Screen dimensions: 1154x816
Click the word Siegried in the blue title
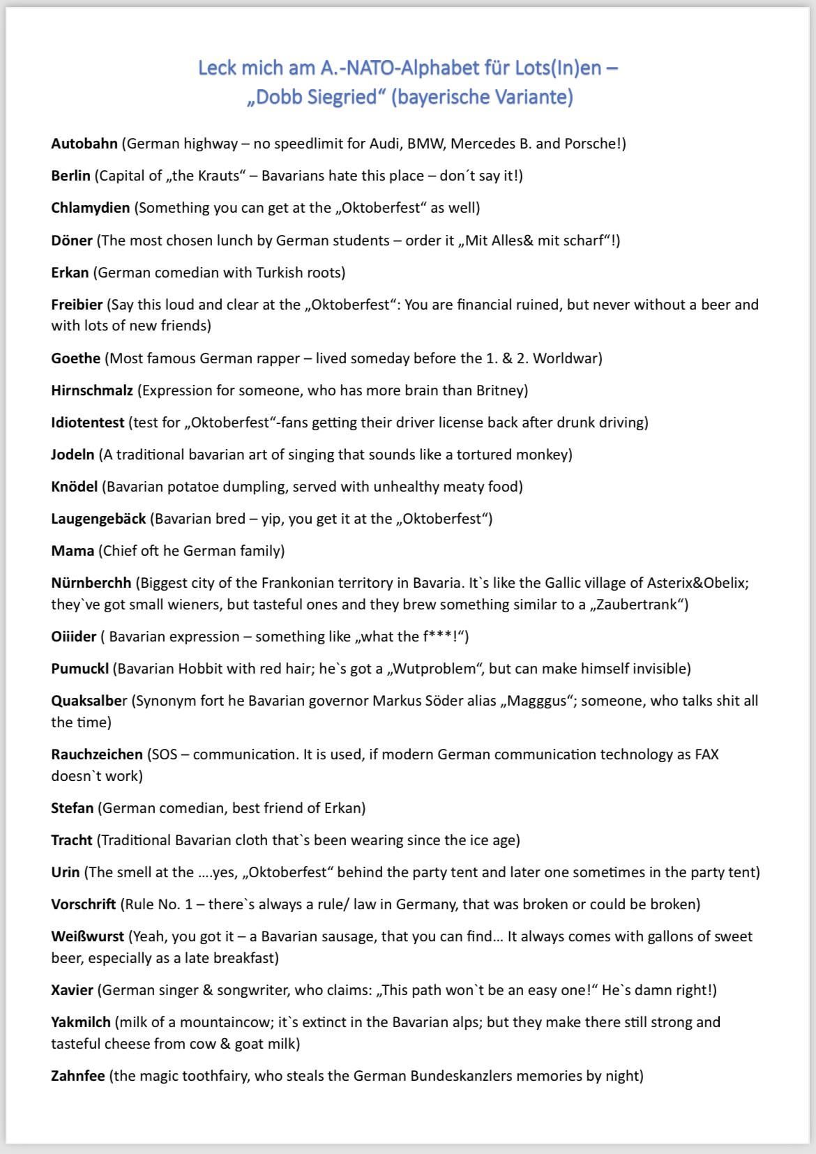(342, 96)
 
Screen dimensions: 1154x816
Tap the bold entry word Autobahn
(84, 144)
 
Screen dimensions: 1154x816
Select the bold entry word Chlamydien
(90, 208)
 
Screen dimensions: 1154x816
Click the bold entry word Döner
(72, 241)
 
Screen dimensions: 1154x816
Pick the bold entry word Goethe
(76, 358)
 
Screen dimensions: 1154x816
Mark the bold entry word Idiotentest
(88, 423)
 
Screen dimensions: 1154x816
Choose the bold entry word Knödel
(75, 487)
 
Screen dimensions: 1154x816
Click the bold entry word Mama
(73, 551)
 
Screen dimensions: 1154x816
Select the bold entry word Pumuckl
(80, 669)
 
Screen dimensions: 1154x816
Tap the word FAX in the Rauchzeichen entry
(707, 754)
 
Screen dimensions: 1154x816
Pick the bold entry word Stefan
(72, 808)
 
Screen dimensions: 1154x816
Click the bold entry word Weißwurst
(87, 936)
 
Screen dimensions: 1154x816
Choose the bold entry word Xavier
(72, 990)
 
